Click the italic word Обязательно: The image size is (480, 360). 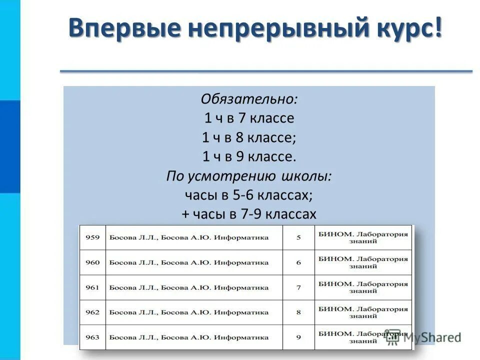pos(249,99)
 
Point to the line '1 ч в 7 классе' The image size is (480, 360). pos(249,118)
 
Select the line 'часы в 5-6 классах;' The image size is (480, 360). pos(249,195)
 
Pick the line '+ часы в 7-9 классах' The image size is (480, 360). pos(249,214)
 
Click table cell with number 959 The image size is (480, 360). pos(92,237)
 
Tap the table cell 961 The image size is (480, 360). pos(92,287)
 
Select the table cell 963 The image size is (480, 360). pos(92,337)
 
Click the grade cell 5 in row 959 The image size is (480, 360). pos(298,237)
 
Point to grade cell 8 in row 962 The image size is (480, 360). pos(298,312)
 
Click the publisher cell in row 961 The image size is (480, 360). pos(363,287)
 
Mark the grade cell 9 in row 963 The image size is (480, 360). pos(298,337)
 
